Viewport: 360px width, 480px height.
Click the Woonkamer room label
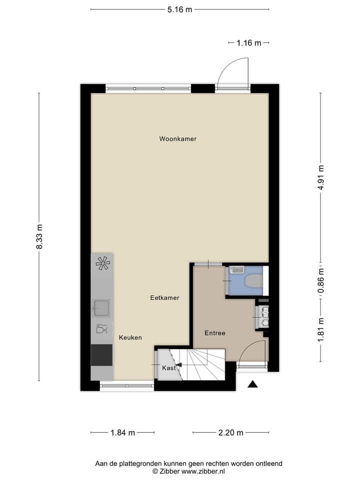click(177, 139)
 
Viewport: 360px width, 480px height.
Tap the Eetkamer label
click(164, 298)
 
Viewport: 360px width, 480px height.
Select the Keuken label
click(130, 338)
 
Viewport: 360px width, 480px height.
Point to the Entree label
click(215, 333)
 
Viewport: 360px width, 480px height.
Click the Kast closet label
click(168, 368)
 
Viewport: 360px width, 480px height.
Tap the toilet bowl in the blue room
click(254, 281)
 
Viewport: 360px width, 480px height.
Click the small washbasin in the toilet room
click(236, 270)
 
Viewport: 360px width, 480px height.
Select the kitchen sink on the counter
click(102, 308)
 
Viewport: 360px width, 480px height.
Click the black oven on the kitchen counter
click(101, 355)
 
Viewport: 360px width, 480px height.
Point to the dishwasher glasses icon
click(101, 329)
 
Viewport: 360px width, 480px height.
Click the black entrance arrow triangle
click(253, 384)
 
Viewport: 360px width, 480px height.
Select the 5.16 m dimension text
click(179, 9)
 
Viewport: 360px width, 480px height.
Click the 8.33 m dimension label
click(39, 237)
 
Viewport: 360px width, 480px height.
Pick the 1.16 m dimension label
click(248, 43)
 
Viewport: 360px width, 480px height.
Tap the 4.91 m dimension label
click(321, 177)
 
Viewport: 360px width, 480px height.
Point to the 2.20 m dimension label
click(230, 432)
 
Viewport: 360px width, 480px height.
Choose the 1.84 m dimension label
click(122, 432)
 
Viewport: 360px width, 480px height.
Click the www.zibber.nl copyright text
click(188, 471)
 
